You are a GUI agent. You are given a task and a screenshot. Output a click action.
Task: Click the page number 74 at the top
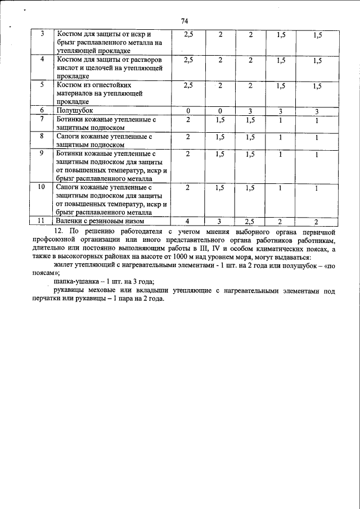[184, 21]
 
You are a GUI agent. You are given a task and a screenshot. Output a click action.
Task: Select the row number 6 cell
[41, 111]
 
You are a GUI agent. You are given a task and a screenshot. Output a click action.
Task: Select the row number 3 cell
[41, 34]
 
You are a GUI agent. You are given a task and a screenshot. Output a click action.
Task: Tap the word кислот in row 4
[67, 68]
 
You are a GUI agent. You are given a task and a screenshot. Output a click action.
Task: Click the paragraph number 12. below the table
[57, 231]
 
